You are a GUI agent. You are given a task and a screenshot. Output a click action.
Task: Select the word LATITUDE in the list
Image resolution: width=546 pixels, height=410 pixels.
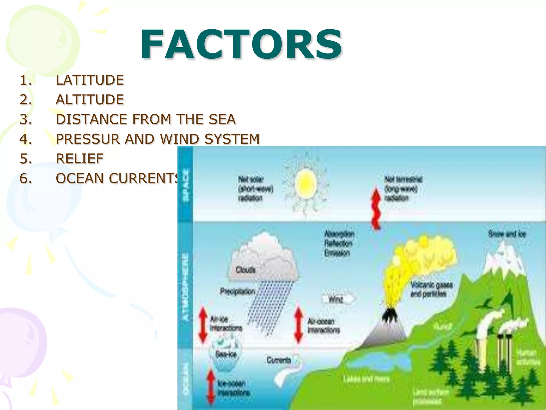click(x=90, y=80)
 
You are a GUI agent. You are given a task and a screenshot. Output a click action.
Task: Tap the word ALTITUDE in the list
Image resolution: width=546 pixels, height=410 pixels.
click(x=90, y=100)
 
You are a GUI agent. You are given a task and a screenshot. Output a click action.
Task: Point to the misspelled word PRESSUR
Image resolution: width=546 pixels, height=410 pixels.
click(x=88, y=139)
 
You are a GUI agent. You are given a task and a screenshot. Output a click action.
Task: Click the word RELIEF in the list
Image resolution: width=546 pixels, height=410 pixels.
click(x=79, y=159)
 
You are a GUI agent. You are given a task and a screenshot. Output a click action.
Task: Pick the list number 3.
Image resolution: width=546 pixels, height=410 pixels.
click(x=26, y=119)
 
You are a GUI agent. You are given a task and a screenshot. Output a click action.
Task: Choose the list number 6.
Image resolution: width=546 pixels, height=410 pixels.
click(x=26, y=178)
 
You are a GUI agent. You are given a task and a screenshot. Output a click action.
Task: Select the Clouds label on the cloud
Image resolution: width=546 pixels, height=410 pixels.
click(x=246, y=270)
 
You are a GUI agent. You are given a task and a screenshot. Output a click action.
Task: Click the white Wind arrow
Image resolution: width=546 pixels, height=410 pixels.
click(x=338, y=299)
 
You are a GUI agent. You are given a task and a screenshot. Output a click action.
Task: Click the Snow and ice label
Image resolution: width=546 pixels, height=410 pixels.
click(x=507, y=234)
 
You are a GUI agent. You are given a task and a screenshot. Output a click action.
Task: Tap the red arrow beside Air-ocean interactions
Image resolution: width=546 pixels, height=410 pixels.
click(x=299, y=325)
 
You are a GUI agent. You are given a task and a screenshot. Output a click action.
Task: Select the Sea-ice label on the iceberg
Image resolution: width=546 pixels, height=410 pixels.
click(x=226, y=354)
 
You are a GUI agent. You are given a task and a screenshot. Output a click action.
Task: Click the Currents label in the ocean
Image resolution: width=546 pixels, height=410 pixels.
click(x=279, y=360)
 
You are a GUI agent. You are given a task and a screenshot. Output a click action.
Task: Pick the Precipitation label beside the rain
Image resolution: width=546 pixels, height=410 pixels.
click(x=238, y=291)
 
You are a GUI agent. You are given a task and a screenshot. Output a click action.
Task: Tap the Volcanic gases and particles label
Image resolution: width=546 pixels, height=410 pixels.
click(x=431, y=290)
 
